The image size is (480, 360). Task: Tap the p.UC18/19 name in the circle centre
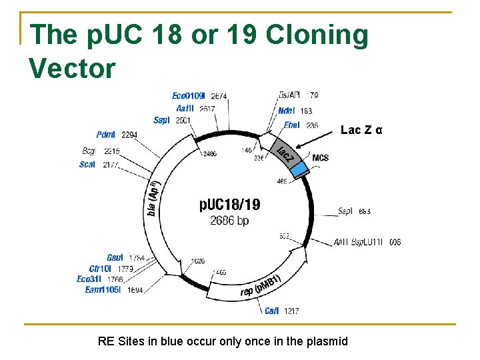pos(230,205)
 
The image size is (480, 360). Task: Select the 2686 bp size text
pos(229,220)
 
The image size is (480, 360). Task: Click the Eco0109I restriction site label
pos(189,96)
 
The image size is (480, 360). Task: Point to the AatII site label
pos(186,108)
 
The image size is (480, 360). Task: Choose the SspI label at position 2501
pos(162,120)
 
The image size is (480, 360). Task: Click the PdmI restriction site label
pos(105,135)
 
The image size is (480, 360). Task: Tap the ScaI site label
pos(87,164)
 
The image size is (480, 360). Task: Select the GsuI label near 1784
pos(115,257)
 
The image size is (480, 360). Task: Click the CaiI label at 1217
pos(271,311)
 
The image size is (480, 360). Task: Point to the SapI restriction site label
pos(345,211)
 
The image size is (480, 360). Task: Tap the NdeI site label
pos(286,111)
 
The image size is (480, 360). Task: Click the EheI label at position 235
pos(291,125)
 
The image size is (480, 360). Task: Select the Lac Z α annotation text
pos(361,130)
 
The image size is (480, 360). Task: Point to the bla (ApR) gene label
pos(153,198)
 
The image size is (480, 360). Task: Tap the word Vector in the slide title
pos(72,68)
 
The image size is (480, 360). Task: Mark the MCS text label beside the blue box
pos(320,158)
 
